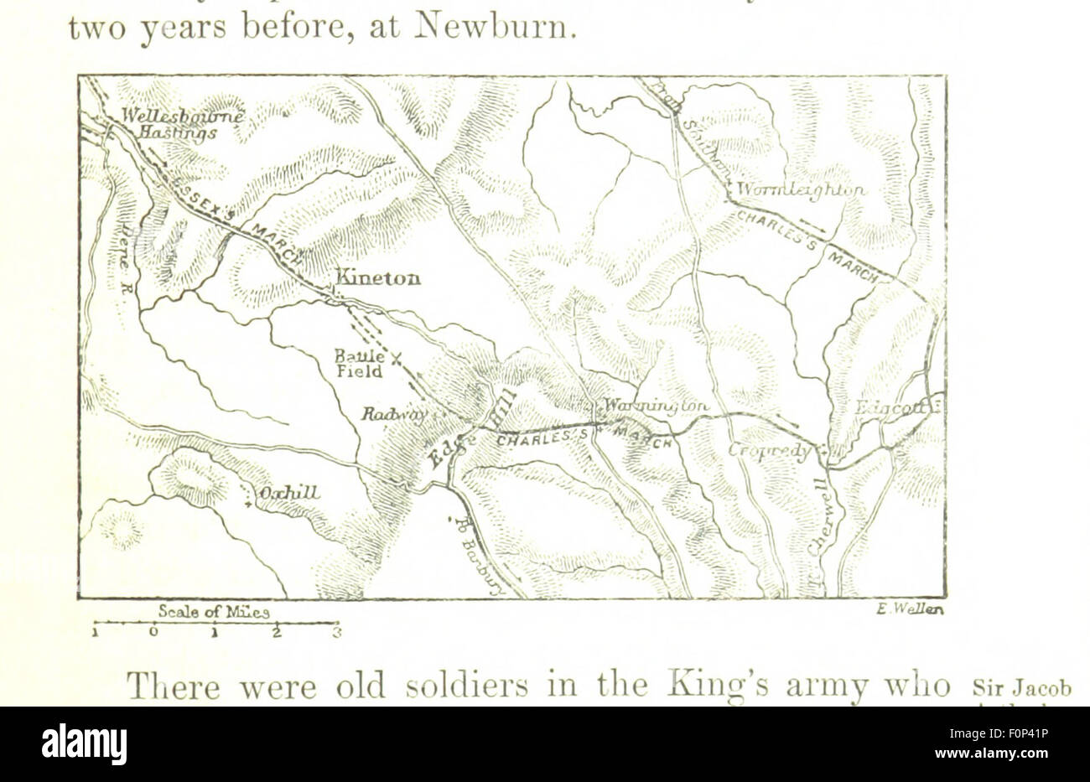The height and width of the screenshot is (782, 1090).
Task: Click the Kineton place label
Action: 378,278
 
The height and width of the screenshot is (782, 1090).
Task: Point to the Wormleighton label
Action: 800,190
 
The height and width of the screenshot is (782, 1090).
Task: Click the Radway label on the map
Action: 394,413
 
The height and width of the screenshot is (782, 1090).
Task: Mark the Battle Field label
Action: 361,364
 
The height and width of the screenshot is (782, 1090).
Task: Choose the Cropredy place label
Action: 769,452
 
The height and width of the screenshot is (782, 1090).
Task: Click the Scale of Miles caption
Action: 213,613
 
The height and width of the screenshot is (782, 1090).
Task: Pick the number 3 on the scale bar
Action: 336,633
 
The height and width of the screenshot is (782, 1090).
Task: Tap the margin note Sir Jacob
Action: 1022,689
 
